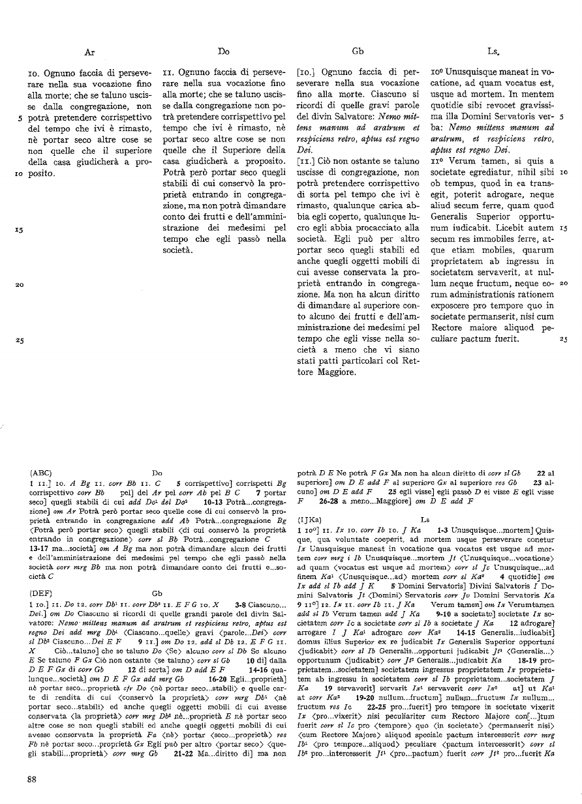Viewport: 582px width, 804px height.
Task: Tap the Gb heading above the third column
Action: pyautogui.click(x=358, y=50)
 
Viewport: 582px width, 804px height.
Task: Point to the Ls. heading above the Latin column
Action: pyautogui.click(x=493, y=50)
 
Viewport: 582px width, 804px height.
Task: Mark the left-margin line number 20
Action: pyautogui.click(x=20, y=285)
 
